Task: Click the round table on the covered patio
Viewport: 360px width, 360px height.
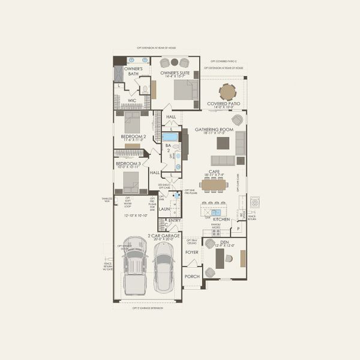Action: pyautogui.click(x=227, y=92)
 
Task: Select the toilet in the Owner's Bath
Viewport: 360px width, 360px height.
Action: pyautogui.click(x=145, y=89)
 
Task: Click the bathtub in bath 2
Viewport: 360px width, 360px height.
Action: pyautogui.click(x=170, y=137)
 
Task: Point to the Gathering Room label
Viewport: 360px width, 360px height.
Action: pyautogui.click(x=214, y=130)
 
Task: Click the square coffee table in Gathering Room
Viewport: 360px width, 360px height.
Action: pyautogui.click(x=223, y=143)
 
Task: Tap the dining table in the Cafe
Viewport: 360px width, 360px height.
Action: pyautogui.click(x=214, y=185)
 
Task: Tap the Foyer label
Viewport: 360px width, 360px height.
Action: pyautogui.click(x=191, y=253)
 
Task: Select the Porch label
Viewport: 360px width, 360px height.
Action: pyautogui.click(x=192, y=277)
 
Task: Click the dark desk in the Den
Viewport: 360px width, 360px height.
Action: pyautogui.click(x=220, y=259)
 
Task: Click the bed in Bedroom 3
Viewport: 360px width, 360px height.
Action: pyautogui.click(x=130, y=181)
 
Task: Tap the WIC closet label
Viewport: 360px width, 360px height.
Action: pyautogui.click(x=140, y=100)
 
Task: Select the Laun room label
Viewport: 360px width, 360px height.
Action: pyautogui.click(x=164, y=209)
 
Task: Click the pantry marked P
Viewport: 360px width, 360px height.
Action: pyautogui.click(x=238, y=228)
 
